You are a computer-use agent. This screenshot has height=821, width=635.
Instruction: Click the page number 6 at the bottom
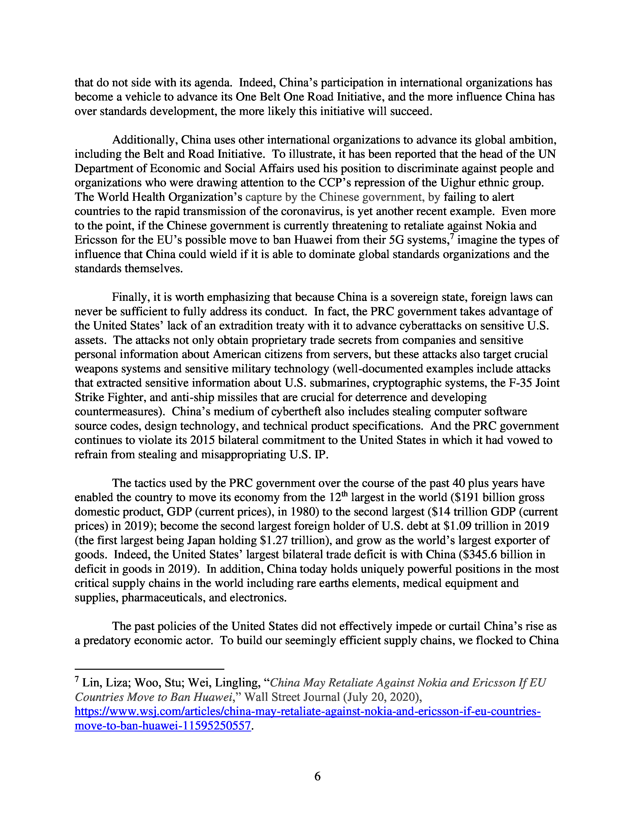pyautogui.click(x=317, y=776)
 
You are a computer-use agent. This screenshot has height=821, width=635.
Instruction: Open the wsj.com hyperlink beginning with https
pyautogui.click(x=307, y=712)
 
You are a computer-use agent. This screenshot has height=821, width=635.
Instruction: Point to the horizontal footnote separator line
pyautogui.click(x=149, y=669)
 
